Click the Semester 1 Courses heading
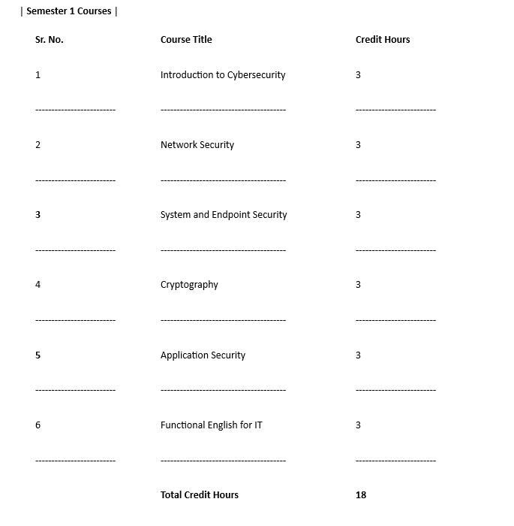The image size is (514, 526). click(69, 11)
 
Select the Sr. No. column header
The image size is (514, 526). click(50, 40)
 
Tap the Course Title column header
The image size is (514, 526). click(186, 40)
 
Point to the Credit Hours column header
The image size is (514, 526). click(383, 40)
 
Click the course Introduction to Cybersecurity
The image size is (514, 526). click(223, 75)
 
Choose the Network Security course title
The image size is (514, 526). click(197, 145)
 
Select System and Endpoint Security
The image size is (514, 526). click(224, 215)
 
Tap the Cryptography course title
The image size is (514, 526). click(189, 285)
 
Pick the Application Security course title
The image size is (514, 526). click(203, 355)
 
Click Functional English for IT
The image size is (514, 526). click(212, 425)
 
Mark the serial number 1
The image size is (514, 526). click(38, 75)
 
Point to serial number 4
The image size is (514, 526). click(38, 285)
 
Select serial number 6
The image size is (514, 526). click(38, 425)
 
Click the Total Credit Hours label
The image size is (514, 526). click(200, 495)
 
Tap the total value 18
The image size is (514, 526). click(361, 495)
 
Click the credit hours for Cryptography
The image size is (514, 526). click(358, 285)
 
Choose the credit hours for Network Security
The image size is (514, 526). click(358, 145)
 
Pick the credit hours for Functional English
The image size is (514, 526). click(358, 425)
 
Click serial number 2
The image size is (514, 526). click(38, 145)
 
